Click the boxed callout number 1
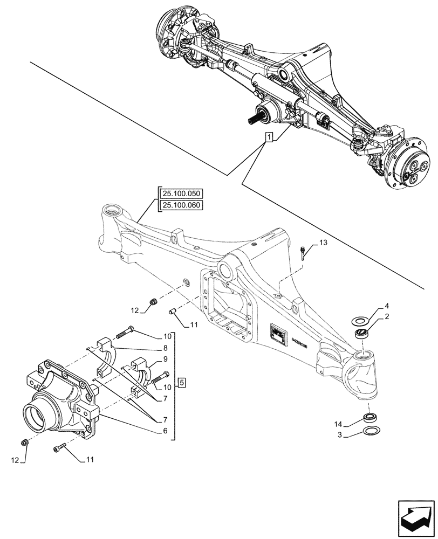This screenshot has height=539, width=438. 269,137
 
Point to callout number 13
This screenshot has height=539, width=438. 323,244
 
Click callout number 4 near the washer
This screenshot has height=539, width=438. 372,306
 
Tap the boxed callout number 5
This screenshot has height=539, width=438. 182,383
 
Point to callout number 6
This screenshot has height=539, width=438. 166,431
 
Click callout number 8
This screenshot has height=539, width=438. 166,348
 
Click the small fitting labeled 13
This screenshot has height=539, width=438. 303,251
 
